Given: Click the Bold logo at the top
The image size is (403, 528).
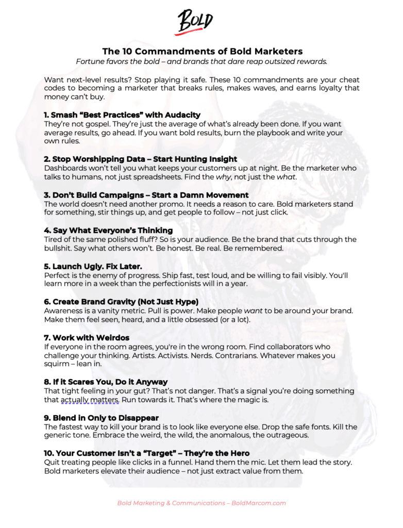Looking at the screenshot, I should [195, 22].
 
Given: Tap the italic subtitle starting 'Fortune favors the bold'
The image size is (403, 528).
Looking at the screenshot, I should [202, 61].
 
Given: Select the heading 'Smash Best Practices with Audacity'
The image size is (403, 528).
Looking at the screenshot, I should [122, 114].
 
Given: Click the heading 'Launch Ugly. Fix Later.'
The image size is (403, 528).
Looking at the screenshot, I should [93, 266].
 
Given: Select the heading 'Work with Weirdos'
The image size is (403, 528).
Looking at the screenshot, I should [87, 337].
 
